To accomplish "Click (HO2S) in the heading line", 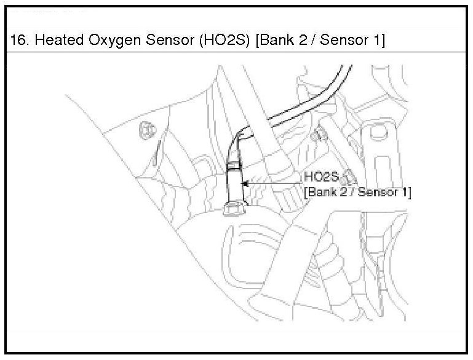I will (212, 42).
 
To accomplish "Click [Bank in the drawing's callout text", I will (321, 191).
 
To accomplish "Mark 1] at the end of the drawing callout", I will (406, 191).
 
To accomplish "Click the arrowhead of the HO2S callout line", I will (244, 183).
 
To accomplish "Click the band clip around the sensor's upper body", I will (234, 164).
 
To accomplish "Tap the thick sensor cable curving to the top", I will (289, 105).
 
